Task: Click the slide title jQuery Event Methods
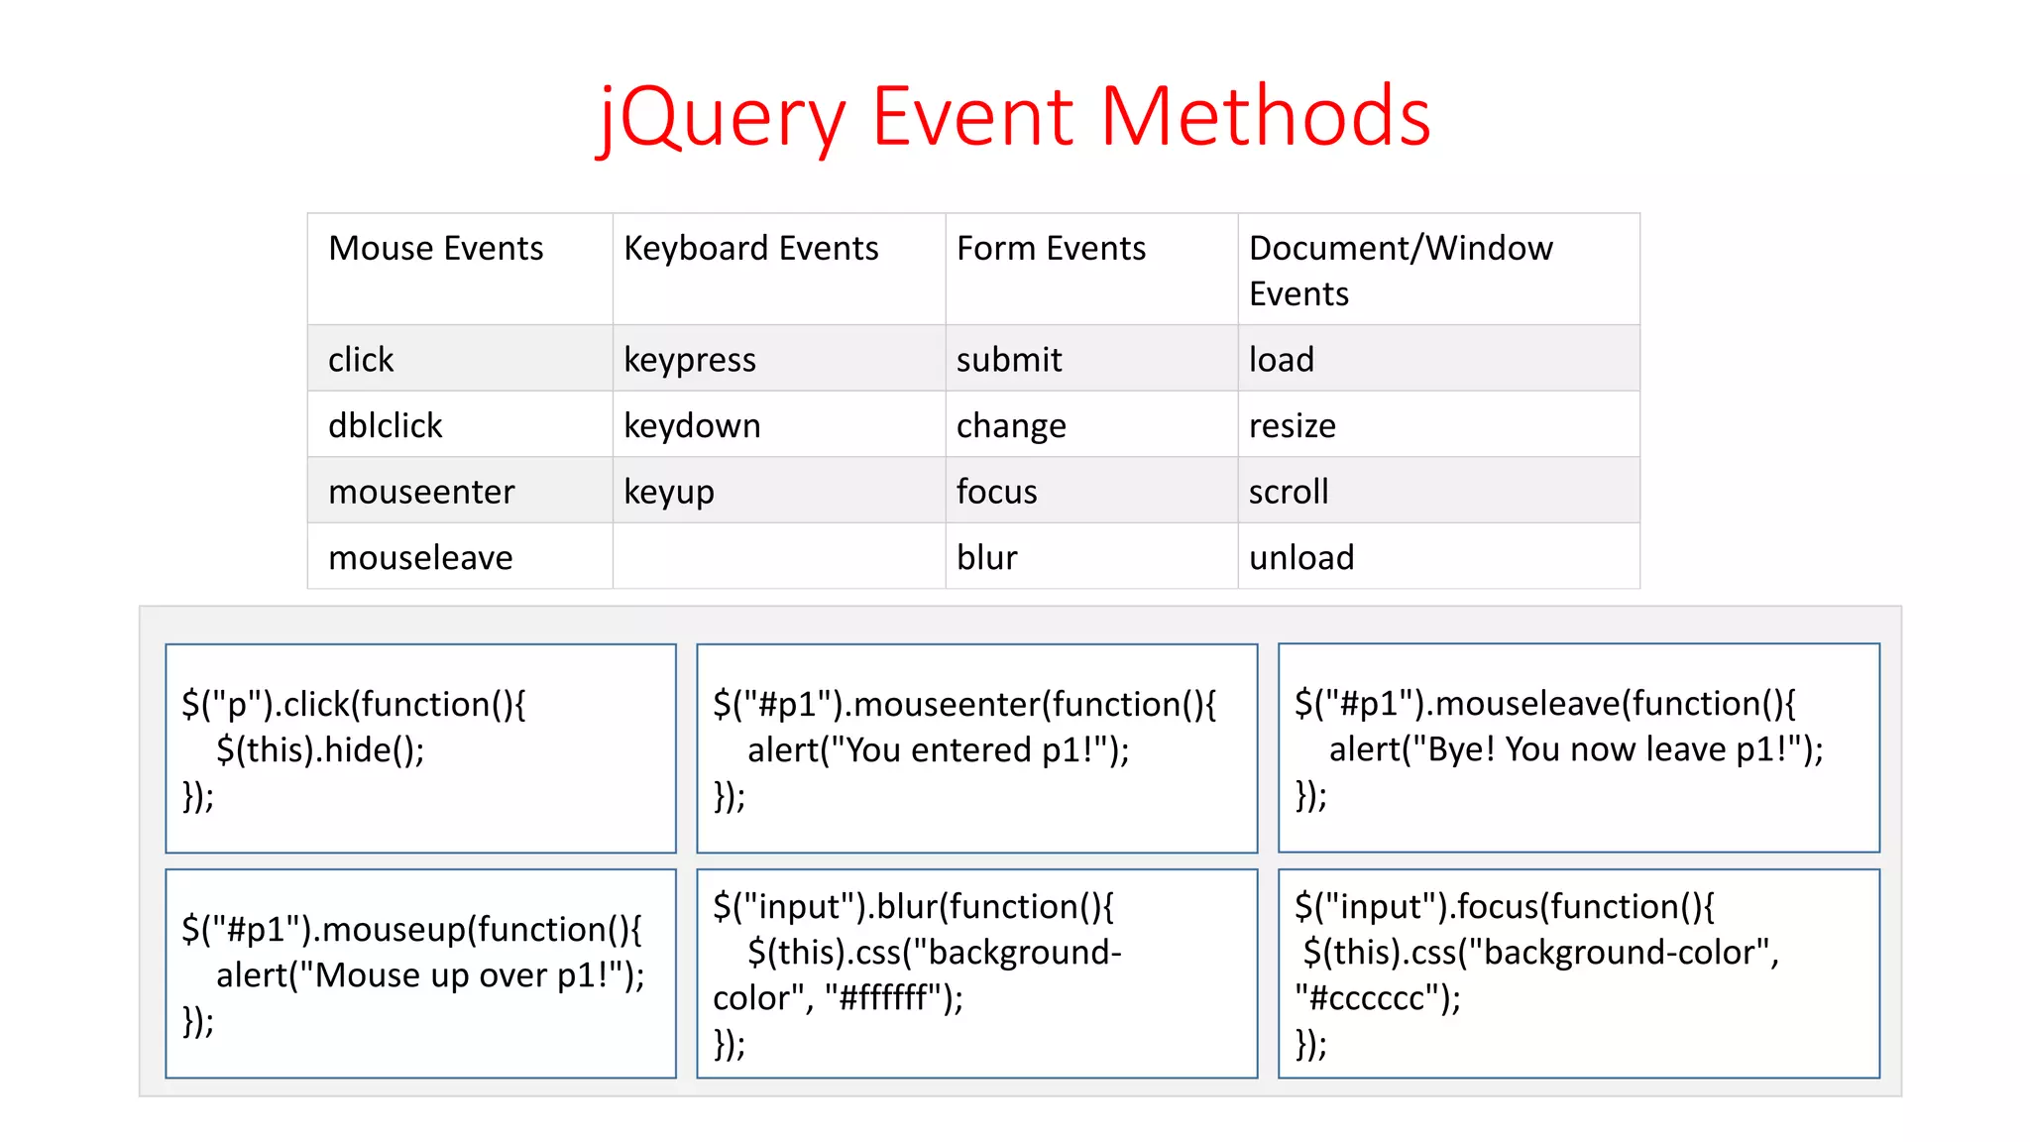click(x=1014, y=117)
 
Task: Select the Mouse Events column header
click(x=435, y=248)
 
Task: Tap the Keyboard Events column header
click(x=750, y=248)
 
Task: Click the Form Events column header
click(x=1051, y=248)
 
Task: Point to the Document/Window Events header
click(x=1400, y=270)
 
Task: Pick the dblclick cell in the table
click(x=385, y=425)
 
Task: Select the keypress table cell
click(x=689, y=360)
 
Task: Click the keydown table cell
click(x=692, y=425)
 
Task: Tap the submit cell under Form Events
click(x=1008, y=360)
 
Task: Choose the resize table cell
click(x=1292, y=425)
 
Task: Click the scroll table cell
click(x=1288, y=492)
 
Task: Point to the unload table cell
click(x=1300, y=557)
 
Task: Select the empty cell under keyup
click(x=778, y=557)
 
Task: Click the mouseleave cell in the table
click(x=420, y=557)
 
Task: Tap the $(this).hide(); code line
click(x=320, y=749)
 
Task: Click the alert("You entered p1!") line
click(x=938, y=749)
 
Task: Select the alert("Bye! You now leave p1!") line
click(x=1575, y=748)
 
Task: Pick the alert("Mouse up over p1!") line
click(x=430, y=975)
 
